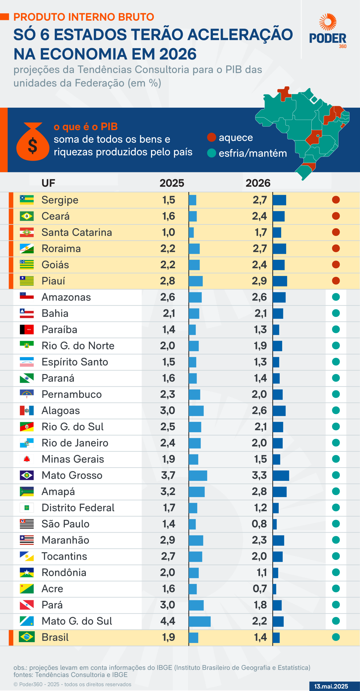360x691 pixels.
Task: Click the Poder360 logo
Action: [328, 31]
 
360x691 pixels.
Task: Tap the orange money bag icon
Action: [33, 142]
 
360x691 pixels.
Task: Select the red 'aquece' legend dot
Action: [211, 137]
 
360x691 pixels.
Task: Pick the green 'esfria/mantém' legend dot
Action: [211, 153]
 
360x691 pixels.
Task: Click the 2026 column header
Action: [258, 183]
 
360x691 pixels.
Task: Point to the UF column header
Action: [48, 183]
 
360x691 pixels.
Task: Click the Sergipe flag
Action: [27, 200]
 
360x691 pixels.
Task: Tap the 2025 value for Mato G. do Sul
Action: [168, 621]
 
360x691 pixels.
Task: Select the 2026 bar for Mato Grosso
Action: [281, 475]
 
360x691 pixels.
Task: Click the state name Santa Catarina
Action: [77, 232]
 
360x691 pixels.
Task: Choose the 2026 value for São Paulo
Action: [259, 524]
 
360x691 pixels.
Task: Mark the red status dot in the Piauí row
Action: [336, 281]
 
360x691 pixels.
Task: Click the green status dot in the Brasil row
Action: [336, 637]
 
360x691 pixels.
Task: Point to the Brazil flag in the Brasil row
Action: [27, 637]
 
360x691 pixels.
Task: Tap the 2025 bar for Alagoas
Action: [196, 411]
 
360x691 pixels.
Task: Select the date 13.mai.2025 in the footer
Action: [331, 686]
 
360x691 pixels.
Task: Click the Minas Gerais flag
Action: [27, 459]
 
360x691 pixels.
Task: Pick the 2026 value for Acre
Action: [260, 589]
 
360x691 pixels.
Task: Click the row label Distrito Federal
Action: [78, 508]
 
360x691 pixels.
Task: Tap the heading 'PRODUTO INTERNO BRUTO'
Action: [84, 17]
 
